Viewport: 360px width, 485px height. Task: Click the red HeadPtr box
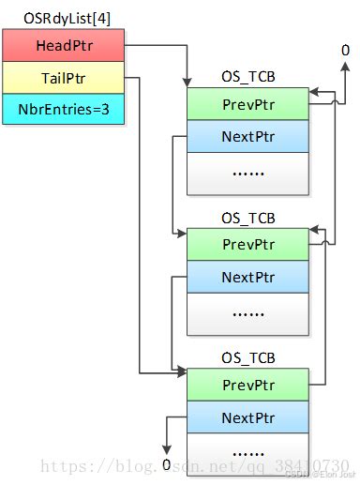(x=63, y=45)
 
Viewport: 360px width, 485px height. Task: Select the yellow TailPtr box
(x=63, y=77)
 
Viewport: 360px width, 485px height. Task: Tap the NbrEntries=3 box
(x=63, y=109)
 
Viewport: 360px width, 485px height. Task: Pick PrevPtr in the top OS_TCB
(x=247, y=104)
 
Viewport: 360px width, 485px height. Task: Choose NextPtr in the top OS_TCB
(x=247, y=137)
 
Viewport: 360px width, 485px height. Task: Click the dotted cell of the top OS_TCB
(x=247, y=173)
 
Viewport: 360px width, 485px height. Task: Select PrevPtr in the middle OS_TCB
(x=247, y=244)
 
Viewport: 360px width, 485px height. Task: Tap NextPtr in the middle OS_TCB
(x=247, y=277)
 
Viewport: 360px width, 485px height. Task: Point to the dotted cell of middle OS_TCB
(x=247, y=312)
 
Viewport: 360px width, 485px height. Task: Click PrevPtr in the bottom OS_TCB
(x=247, y=385)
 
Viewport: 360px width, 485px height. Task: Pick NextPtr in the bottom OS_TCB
(x=247, y=417)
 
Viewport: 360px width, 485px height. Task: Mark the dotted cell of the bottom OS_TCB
(x=247, y=452)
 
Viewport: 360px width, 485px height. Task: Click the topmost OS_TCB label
(x=247, y=76)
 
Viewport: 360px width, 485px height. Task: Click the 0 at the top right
(x=345, y=49)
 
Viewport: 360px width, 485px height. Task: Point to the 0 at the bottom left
(x=166, y=464)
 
